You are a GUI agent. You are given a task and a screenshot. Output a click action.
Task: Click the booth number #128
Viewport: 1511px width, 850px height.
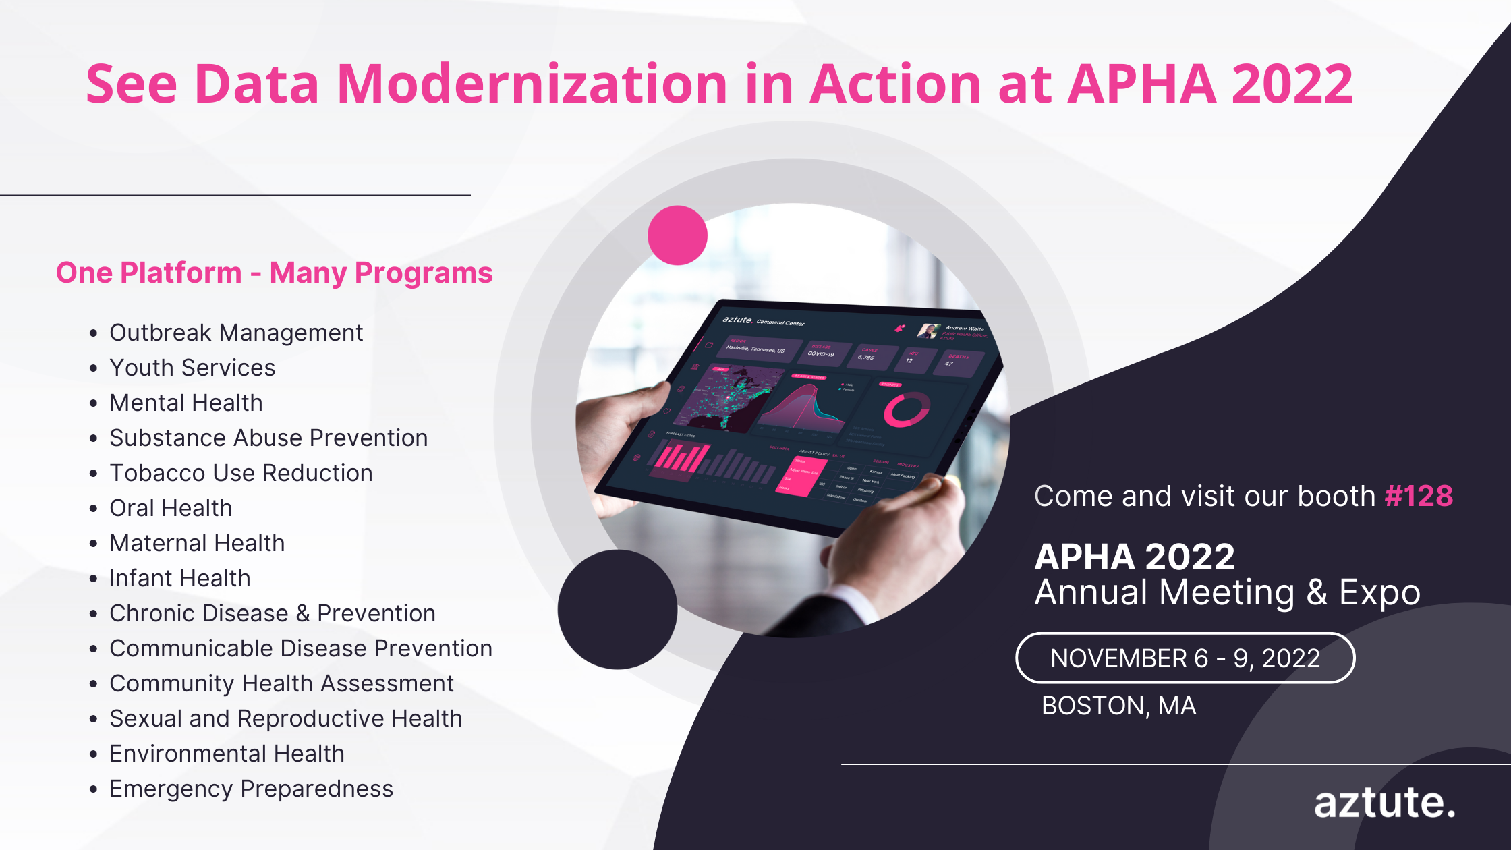click(1418, 496)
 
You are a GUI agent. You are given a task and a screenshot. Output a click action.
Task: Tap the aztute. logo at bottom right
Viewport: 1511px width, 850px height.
click(1384, 803)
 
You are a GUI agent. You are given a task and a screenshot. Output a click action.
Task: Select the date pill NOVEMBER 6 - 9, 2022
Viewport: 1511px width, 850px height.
click(1185, 658)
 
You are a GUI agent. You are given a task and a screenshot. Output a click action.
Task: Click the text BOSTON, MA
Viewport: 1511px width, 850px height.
click(1118, 706)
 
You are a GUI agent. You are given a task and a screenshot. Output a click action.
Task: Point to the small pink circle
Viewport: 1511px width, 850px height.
click(677, 235)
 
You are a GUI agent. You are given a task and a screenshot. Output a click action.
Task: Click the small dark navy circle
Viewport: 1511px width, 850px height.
click(617, 609)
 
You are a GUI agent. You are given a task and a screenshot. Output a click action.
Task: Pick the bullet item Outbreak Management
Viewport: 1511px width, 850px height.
click(235, 333)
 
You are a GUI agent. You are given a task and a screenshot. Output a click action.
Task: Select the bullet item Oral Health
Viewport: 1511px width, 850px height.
click(171, 508)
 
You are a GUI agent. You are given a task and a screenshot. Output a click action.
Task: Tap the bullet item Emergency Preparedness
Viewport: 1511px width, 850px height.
click(251, 789)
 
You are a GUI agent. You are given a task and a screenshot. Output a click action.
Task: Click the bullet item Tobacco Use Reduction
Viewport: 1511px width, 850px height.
click(241, 473)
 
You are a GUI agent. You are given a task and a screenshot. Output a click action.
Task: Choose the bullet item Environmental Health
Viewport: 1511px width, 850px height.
click(227, 754)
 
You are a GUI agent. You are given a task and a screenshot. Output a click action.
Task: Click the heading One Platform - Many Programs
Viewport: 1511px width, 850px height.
click(274, 273)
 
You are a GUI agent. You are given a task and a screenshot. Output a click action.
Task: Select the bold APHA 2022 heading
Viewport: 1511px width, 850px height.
click(1134, 557)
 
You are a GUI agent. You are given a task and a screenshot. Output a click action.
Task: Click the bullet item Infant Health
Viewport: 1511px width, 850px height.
click(179, 578)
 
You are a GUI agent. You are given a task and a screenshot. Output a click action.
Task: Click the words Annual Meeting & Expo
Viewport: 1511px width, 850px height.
click(1227, 592)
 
